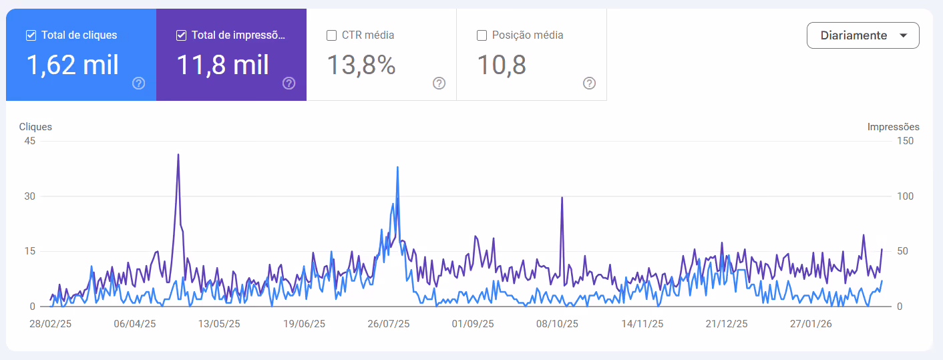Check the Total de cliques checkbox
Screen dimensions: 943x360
click(31, 35)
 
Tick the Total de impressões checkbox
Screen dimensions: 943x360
click(181, 35)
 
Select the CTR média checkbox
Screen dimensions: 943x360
click(332, 35)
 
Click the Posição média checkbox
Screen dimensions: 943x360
click(482, 35)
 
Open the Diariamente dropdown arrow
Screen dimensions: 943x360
click(904, 35)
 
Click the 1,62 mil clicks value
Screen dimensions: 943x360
click(72, 65)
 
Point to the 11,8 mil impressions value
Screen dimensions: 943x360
click(222, 65)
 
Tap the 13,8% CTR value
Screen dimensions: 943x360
click(361, 65)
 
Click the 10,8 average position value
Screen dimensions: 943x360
click(502, 65)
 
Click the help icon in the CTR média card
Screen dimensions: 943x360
click(439, 83)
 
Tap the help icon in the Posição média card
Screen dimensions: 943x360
click(589, 83)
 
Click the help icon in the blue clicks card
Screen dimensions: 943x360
click(138, 83)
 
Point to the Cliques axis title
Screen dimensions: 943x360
click(35, 127)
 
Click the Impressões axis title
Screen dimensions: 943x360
click(894, 127)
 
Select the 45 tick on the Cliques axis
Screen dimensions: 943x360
click(30, 141)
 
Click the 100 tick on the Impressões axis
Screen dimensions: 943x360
click(905, 196)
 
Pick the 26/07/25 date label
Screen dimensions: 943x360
click(389, 324)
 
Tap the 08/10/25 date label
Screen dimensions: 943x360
click(557, 324)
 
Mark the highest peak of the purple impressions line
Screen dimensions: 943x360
click(178, 154)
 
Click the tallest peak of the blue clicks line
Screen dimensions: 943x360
click(397, 167)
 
